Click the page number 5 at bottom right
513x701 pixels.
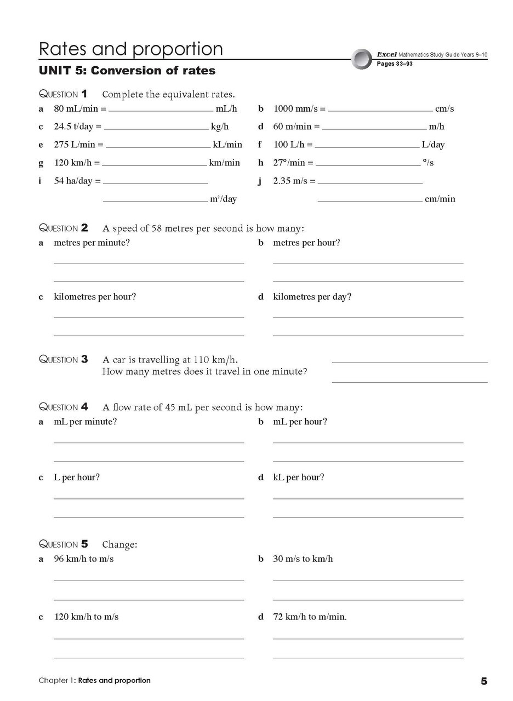pyautogui.click(x=483, y=681)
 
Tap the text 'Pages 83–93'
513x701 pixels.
pyautogui.click(x=394, y=64)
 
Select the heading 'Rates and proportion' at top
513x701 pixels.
pyautogui.click(x=130, y=49)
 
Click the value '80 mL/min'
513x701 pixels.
pyautogui.click(x=76, y=108)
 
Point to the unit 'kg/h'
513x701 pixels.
pyautogui.click(x=220, y=127)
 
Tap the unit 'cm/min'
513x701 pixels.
pyautogui.click(x=440, y=199)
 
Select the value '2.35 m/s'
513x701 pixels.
pyautogui.click(x=294, y=181)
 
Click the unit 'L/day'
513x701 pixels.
pyautogui.click(x=433, y=145)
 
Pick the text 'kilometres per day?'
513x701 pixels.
pyautogui.click(x=312, y=297)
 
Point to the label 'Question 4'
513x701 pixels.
pyautogui.click(x=63, y=407)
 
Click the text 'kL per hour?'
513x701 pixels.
pyautogui.click(x=298, y=478)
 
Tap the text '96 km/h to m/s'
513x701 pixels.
pyautogui.click(x=83, y=559)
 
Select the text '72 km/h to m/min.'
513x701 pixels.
pyautogui.click(x=310, y=617)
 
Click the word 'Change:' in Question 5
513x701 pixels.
pyautogui.click(x=119, y=544)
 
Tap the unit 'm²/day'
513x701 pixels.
pyautogui.click(x=223, y=199)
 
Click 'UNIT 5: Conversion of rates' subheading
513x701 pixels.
pyautogui.click(x=127, y=71)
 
